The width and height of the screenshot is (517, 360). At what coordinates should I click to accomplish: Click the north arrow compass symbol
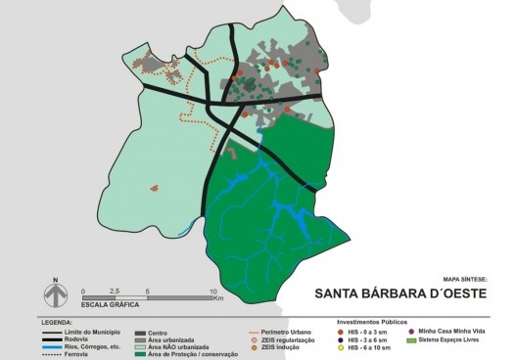click(x=57, y=293)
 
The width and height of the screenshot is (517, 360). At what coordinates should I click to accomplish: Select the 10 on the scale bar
click(x=211, y=292)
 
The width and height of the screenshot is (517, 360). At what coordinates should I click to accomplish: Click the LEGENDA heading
click(x=59, y=322)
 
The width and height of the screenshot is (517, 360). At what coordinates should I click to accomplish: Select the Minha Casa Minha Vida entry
click(x=455, y=331)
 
